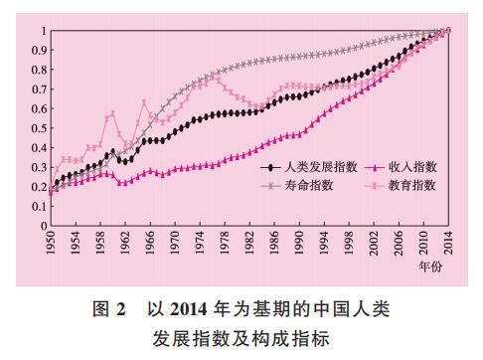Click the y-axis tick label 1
[x=42, y=31]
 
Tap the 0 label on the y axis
[x=42, y=226]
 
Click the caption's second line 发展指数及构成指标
[x=241, y=338]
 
